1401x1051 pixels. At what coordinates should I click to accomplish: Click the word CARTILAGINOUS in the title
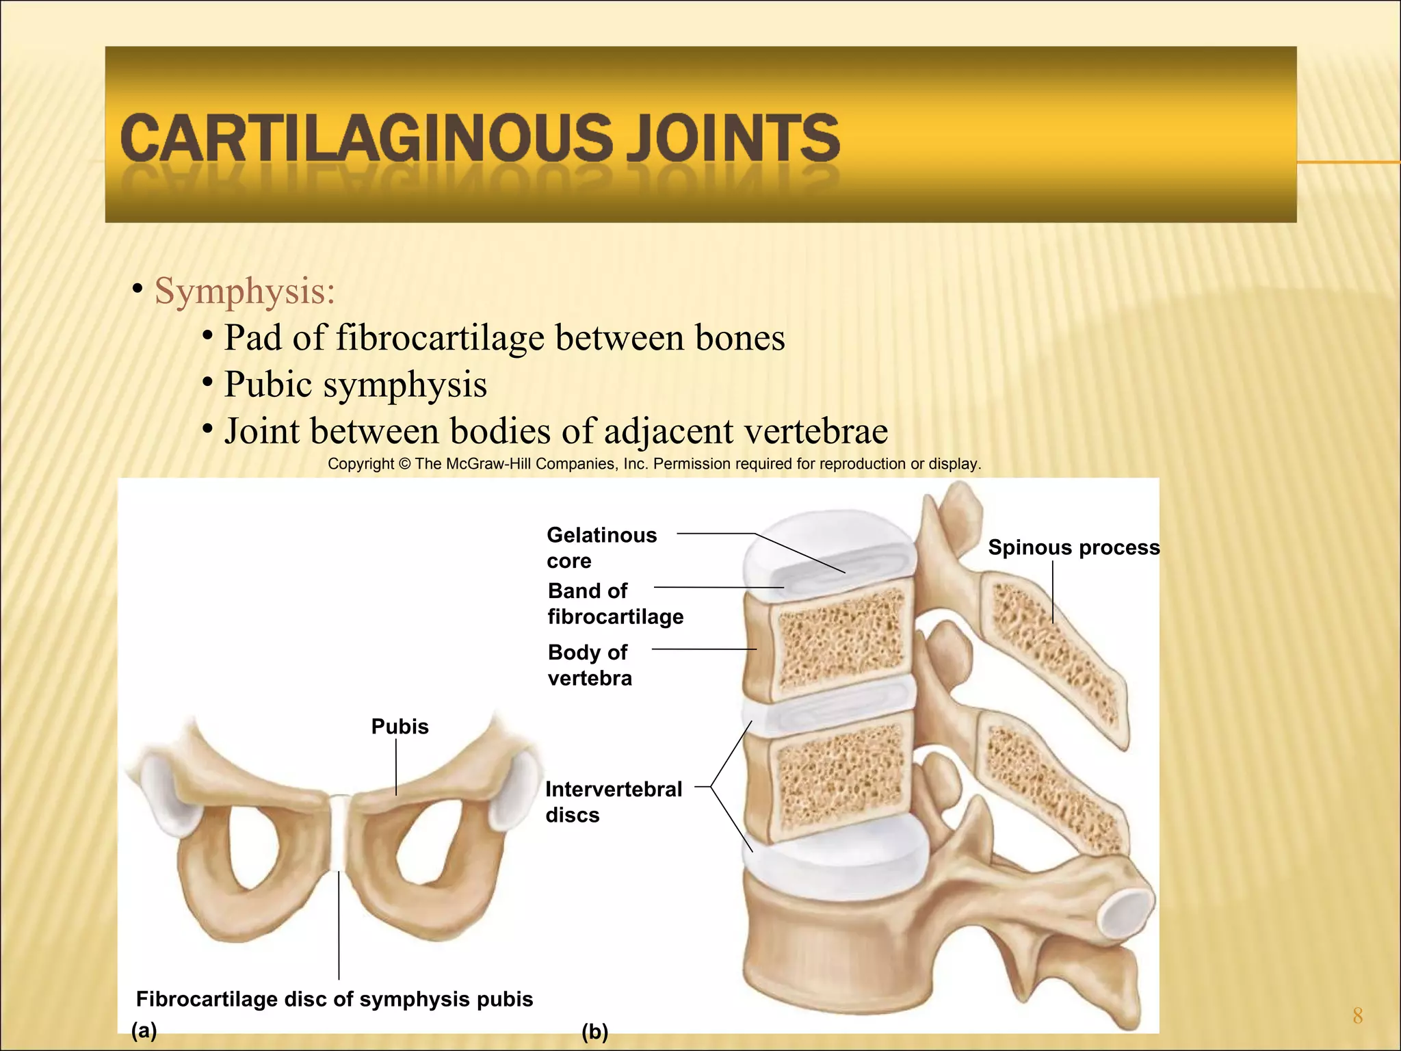click(367, 139)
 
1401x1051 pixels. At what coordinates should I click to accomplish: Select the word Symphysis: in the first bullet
click(245, 291)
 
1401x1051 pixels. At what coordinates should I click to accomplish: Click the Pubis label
click(400, 727)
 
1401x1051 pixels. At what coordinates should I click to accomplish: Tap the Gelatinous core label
click(601, 547)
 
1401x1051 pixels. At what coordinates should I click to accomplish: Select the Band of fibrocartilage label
click(614, 604)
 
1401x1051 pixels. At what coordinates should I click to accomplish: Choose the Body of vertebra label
click(589, 665)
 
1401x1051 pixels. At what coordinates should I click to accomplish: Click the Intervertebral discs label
click(613, 802)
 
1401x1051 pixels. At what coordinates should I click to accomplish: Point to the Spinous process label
click(1073, 547)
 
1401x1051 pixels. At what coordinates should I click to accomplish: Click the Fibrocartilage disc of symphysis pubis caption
click(334, 999)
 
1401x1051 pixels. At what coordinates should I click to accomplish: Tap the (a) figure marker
click(144, 1030)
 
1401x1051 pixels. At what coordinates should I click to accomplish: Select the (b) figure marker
click(594, 1032)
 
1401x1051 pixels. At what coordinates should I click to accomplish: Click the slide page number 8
click(1357, 1015)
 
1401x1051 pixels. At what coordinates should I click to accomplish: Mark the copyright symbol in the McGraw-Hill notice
click(404, 464)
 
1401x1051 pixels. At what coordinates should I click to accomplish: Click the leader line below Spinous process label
click(1053, 591)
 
